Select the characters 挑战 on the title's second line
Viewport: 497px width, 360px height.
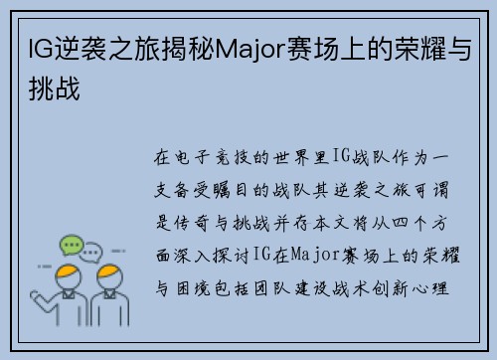49,88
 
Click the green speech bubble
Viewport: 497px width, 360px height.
70,245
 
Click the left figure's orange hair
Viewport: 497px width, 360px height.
68,273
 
